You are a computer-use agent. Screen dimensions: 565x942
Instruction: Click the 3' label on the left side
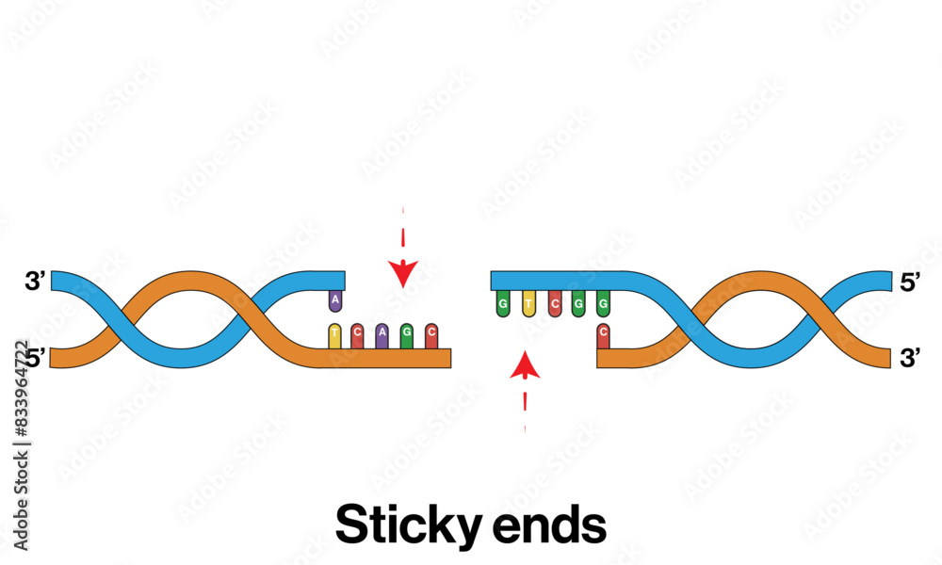pos(36,281)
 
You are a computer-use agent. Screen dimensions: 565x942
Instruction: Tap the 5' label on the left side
pos(36,357)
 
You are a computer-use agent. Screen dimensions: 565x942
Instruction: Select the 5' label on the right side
pos(910,281)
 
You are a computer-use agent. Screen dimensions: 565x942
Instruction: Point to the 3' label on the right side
pos(910,357)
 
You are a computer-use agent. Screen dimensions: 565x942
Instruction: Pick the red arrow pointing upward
pos(525,365)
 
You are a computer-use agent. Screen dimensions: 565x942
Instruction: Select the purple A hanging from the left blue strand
pos(334,300)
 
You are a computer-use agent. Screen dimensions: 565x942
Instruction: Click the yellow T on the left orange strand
pos(334,334)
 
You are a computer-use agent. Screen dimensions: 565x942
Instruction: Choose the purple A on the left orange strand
pos(382,334)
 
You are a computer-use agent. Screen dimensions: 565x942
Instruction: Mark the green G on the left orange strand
pos(406,334)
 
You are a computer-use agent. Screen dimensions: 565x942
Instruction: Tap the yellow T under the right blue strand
pos(528,303)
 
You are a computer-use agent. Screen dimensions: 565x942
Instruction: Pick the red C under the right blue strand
pos(554,303)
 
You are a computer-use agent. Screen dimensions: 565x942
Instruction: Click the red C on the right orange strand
pos(603,334)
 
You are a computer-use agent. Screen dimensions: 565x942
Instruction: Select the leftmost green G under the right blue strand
pos(504,303)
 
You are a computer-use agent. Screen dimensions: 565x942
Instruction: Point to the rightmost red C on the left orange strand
pos(430,334)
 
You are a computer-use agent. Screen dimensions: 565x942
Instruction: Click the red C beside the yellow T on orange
pos(357,334)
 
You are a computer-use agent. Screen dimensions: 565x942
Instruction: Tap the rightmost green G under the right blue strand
pos(603,303)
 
